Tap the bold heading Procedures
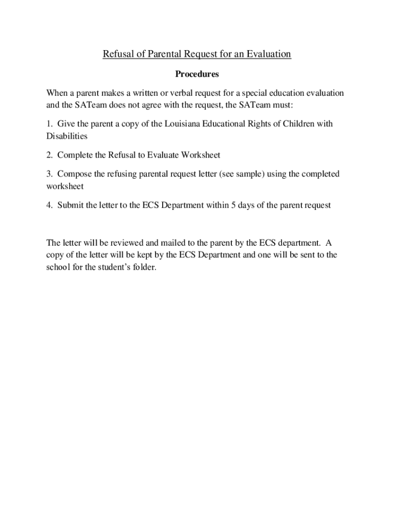point(197,74)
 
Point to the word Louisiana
point(184,124)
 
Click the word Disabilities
point(67,136)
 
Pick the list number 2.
point(49,155)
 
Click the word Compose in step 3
point(75,174)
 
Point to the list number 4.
point(49,205)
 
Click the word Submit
point(72,205)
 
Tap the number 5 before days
point(240,205)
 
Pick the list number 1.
point(49,124)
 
